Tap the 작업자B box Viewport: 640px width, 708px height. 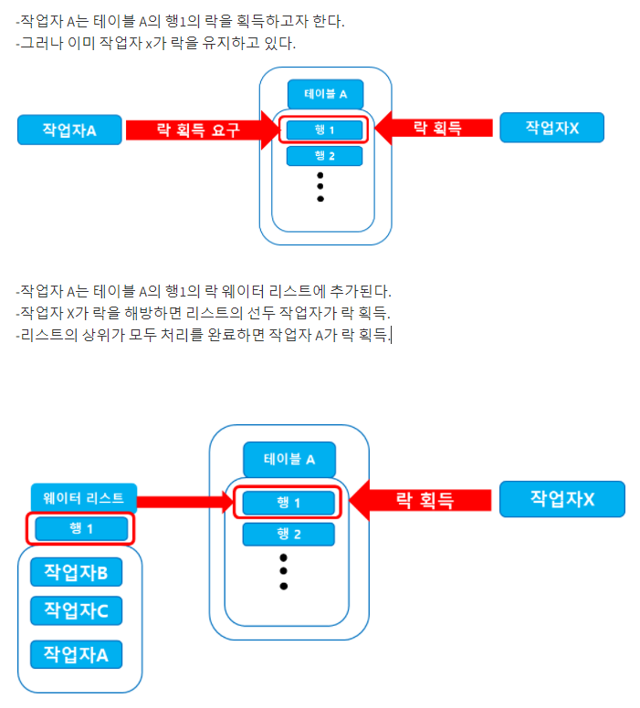click(x=76, y=573)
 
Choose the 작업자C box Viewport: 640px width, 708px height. click(x=76, y=610)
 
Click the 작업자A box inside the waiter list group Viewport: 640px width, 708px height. click(x=76, y=654)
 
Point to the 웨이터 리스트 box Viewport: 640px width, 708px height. click(x=83, y=498)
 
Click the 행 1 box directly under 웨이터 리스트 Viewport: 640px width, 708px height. click(x=81, y=528)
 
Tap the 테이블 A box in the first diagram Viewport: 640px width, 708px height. click(x=325, y=94)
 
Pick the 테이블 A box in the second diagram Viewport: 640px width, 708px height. click(x=289, y=459)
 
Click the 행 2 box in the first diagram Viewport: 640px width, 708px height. click(x=324, y=156)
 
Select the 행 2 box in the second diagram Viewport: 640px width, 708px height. click(x=289, y=534)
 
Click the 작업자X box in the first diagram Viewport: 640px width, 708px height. click(x=551, y=129)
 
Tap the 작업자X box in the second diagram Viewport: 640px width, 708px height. click(x=561, y=499)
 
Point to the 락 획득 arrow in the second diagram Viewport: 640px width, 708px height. click(x=420, y=499)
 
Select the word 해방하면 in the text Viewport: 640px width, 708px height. click(x=145, y=314)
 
